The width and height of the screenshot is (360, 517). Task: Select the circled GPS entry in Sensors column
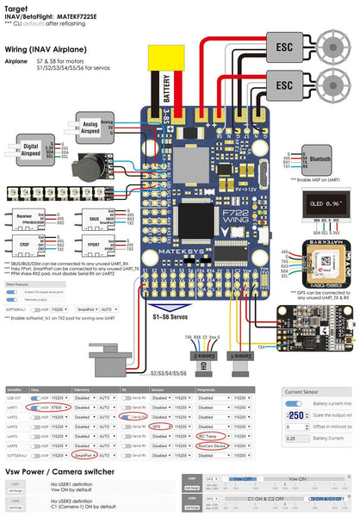[157, 425]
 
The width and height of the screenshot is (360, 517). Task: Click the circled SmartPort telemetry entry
[84, 457]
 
